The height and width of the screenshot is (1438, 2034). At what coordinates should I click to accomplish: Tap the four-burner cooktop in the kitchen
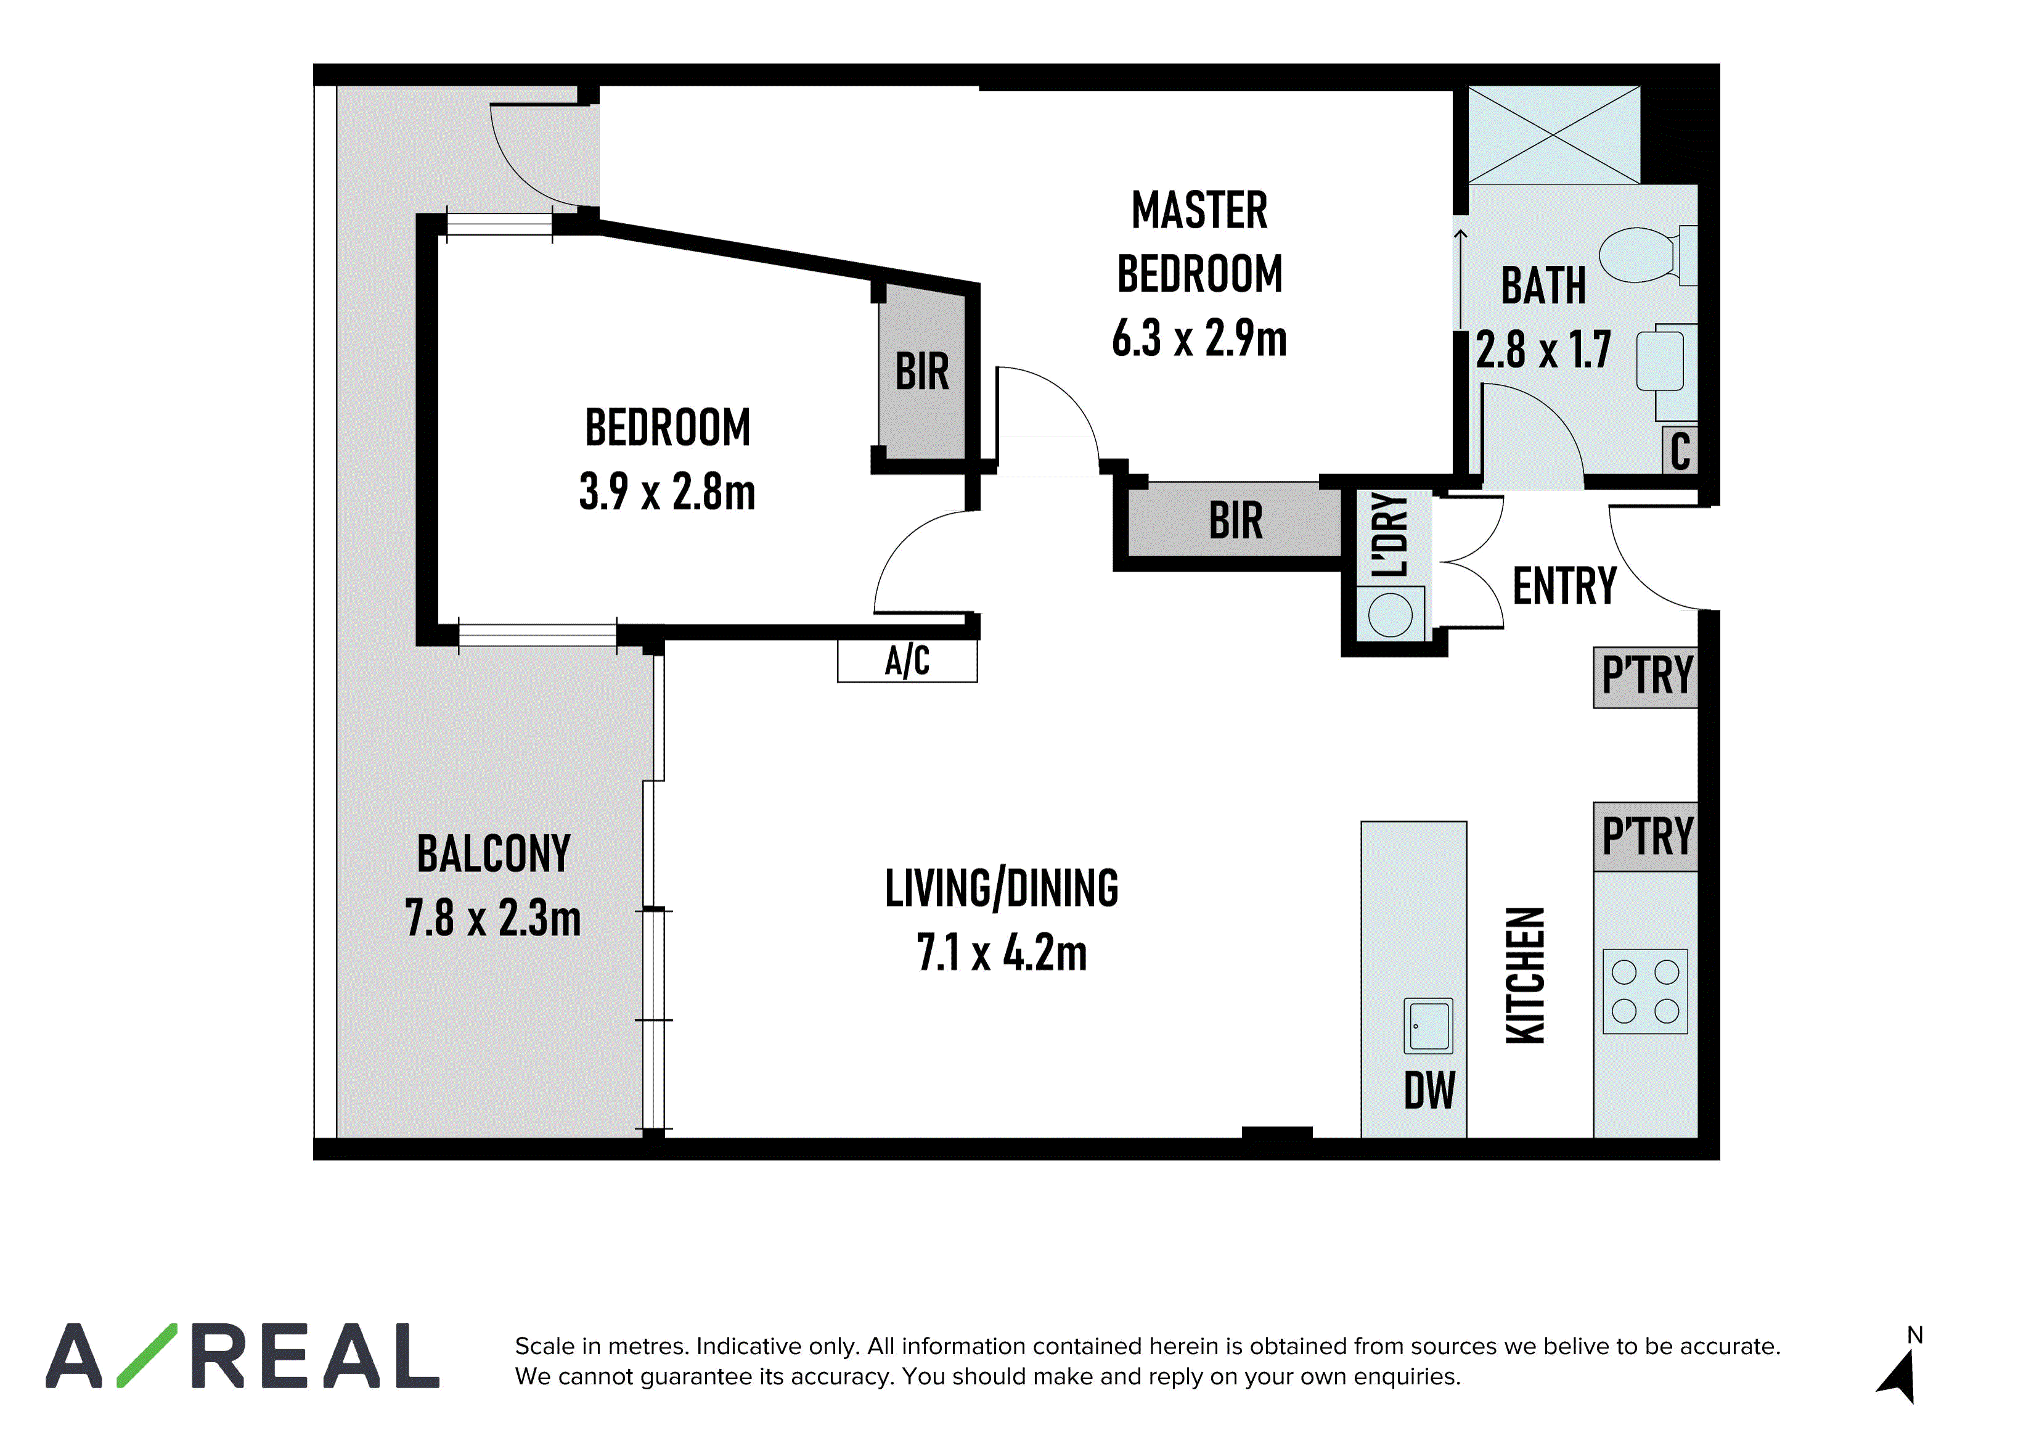point(1645,992)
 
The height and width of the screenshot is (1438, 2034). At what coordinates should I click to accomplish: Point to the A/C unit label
point(907,661)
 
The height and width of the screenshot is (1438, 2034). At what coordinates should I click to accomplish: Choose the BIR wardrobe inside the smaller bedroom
point(921,371)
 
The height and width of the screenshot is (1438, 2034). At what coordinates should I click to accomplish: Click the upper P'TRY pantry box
point(1646,677)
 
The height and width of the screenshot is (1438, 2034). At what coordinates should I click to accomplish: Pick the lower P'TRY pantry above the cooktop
point(1646,836)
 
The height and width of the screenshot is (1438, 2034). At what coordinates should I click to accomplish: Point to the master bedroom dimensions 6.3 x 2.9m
point(1199,339)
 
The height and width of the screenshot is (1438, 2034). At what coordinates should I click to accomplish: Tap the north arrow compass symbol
point(1900,1370)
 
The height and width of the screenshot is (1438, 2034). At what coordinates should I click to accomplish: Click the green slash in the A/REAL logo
point(147,1355)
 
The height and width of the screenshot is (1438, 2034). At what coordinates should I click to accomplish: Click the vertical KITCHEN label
point(1525,976)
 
